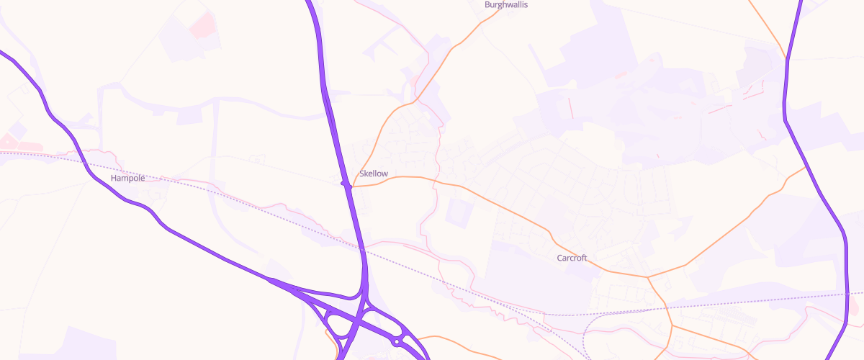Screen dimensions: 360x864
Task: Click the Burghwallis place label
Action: point(506,5)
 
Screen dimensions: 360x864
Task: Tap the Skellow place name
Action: point(374,174)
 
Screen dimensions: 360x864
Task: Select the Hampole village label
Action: point(127,177)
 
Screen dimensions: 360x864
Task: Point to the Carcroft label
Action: point(572,258)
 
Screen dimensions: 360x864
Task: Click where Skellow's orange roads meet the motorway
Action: point(346,185)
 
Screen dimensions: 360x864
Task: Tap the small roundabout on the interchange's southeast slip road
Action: point(397,342)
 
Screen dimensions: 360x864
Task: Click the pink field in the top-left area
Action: point(202,24)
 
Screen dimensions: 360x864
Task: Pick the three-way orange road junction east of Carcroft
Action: point(647,276)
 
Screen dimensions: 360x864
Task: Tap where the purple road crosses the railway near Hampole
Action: point(87,165)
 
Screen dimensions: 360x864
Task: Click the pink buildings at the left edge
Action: point(9,140)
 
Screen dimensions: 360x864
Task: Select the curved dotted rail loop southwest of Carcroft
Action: point(585,331)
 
